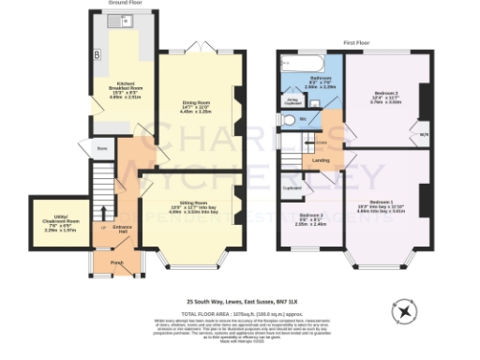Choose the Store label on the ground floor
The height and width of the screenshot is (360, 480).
[x=102, y=147]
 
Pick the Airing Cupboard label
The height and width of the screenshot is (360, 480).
[x=292, y=100]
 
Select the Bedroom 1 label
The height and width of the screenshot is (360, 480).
[x=381, y=205]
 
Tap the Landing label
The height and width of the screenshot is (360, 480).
[x=320, y=160]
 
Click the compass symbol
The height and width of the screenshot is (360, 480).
[x=405, y=309]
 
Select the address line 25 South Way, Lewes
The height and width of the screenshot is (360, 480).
[x=239, y=301]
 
